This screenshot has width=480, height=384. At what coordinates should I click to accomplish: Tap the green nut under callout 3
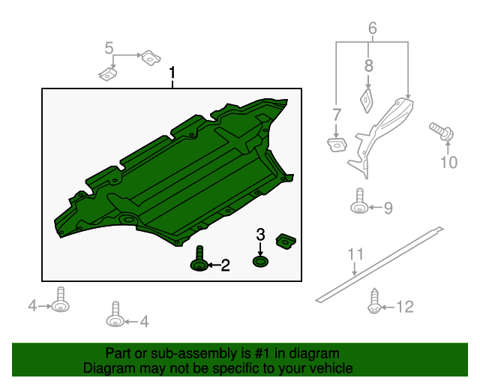click(260, 261)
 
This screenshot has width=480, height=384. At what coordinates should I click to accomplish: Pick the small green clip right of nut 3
click(286, 241)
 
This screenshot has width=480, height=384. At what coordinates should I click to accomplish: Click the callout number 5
click(109, 49)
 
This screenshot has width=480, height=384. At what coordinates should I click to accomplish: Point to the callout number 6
click(372, 29)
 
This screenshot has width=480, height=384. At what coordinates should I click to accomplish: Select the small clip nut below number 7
click(336, 142)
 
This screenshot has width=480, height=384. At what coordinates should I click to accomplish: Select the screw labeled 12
click(373, 303)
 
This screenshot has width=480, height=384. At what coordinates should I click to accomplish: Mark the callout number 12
click(404, 306)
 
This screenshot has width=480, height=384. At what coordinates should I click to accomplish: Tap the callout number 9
click(388, 208)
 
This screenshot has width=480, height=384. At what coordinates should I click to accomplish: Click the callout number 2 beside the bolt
click(224, 265)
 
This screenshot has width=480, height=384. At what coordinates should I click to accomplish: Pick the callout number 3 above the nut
click(260, 235)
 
